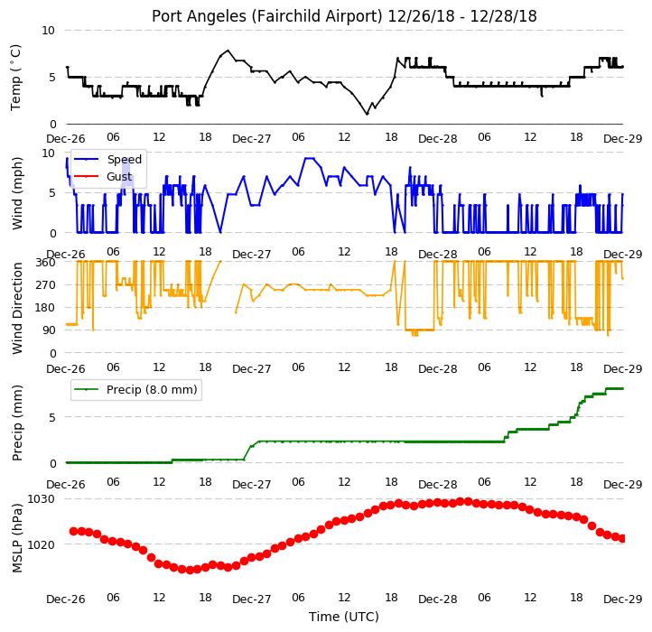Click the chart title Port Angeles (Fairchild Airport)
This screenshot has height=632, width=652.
click(x=266, y=16)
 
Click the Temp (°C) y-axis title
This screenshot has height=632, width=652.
click(x=15, y=78)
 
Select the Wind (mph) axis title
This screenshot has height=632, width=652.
click(x=17, y=193)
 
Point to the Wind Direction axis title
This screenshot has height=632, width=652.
click(x=17, y=308)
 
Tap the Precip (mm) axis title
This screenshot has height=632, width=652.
click(x=17, y=423)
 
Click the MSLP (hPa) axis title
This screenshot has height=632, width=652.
click(x=17, y=538)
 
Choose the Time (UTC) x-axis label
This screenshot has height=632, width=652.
click(x=344, y=617)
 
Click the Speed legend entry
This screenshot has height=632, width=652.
click(x=125, y=159)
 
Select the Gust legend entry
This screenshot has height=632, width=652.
click(x=119, y=176)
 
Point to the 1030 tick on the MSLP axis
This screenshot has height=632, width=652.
click(x=42, y=498)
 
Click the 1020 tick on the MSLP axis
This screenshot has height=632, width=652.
click(x=42, y=544)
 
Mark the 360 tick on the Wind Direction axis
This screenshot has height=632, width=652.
click(x=45, y=263)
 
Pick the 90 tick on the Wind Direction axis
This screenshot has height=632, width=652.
click(x=49, y=330)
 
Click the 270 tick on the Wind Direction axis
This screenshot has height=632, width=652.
click(x=45, y=284)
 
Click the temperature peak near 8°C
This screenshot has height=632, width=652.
click(x=228, y=51)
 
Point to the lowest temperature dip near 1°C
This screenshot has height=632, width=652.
click(x=367, y=114)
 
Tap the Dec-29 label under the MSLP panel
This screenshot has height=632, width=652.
click(x=623, y=599)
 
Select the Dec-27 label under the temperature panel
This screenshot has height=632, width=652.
click(x=252, y=138)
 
